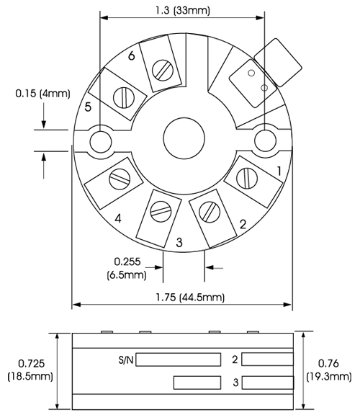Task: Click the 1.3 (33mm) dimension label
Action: tap(183, 11)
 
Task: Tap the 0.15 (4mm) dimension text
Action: tap(42, 94)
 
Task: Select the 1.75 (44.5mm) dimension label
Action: tap(190, 298)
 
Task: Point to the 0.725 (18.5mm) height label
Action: tap(30, 370)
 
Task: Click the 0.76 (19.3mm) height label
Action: tap(329, 370)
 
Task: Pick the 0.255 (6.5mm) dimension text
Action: tap(127, 268)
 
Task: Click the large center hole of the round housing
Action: tap(184, 138)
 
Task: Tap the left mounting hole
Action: tap(101, 141)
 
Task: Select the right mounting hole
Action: tap(265, 141)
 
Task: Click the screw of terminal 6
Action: tap(163, 70)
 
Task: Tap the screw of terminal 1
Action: tap(247, 178)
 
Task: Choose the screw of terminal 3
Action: tap(161, 211)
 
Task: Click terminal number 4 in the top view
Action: tap(118, 218)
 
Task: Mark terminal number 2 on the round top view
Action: tap(243, 224)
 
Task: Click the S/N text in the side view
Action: tap(126, 359)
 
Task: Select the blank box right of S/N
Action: tap(179, 359)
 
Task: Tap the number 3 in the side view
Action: tap(235, 383)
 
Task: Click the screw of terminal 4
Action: tap(120, 179)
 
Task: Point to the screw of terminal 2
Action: tap(210, 212)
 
